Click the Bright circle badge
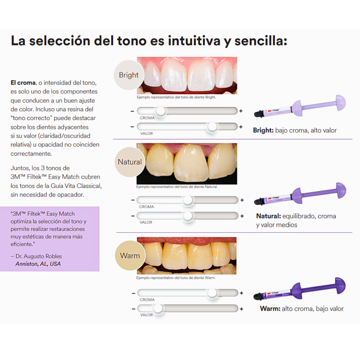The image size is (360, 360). coord(129,75)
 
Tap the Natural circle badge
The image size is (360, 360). coord(130,162)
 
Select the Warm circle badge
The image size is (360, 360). coord(130,256)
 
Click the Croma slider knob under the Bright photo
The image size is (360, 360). coord(161,111)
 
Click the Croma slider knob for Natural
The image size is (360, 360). coord(188,200)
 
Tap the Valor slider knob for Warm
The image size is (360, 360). coord(158,308)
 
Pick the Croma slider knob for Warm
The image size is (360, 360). coord(212,293)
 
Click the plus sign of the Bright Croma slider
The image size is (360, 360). coord(241,111)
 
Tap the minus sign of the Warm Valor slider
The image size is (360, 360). coord(134,309)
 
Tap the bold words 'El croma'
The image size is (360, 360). coord(23,83)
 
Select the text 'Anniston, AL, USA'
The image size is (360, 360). coord(38,264)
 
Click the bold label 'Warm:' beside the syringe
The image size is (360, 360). coord(270,309)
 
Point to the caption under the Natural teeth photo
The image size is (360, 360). coord(177,187)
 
